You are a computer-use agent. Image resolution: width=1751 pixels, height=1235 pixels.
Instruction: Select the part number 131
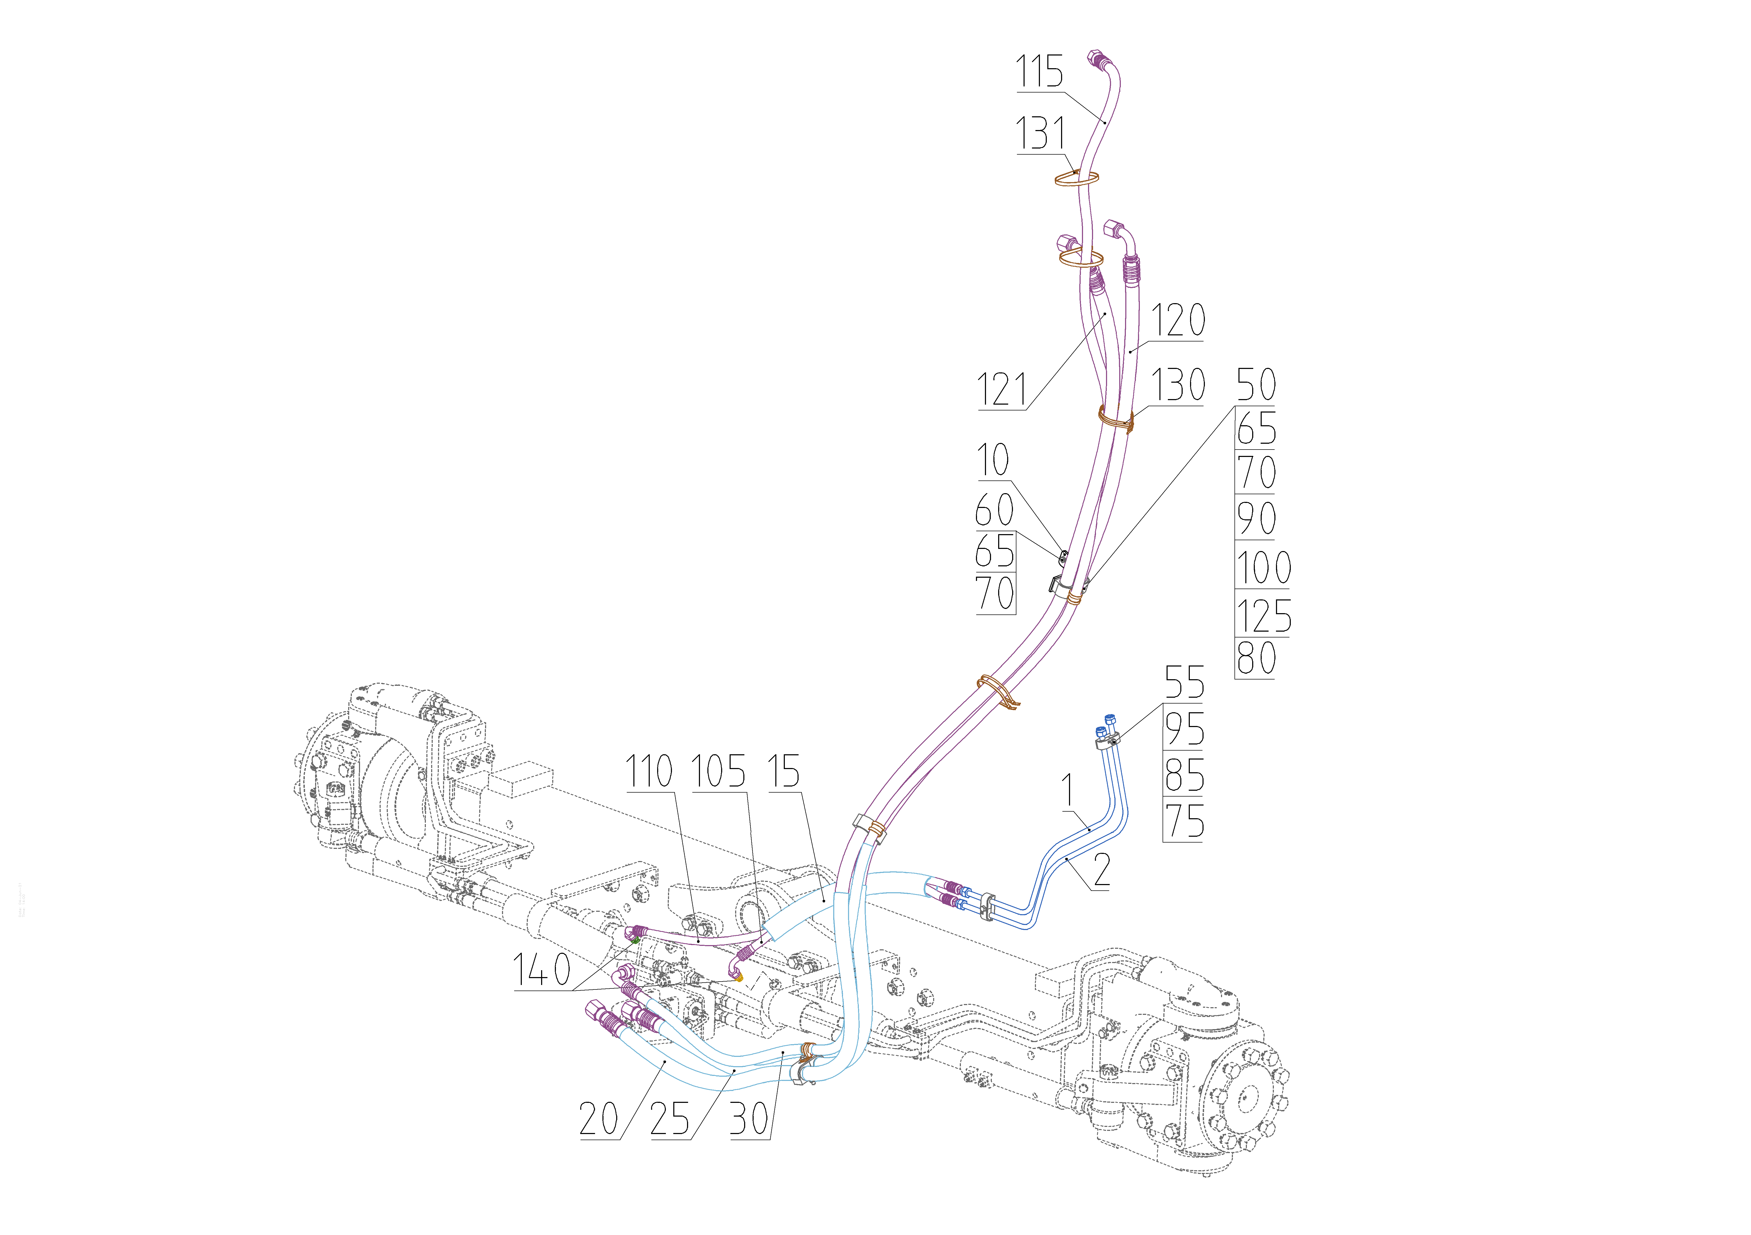pos(1040,134)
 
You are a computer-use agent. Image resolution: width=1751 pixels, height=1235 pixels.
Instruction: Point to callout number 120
pos(1177,320)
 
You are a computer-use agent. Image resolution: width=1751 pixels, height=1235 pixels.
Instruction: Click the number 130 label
pos(1177,385)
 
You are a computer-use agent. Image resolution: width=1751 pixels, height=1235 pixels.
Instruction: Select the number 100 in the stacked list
pos(1263,568)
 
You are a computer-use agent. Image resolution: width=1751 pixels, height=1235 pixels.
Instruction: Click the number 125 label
pos(1263,616)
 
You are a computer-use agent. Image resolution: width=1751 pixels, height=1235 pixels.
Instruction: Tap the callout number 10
pos(993,460)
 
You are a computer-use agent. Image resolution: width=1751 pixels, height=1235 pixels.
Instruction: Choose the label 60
pos(994,510)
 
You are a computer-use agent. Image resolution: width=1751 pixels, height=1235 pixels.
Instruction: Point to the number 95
pos(1184,730)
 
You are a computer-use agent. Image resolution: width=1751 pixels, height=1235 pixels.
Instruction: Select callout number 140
pos(541,970)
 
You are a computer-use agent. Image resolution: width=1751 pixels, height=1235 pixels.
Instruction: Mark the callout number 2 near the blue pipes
pos(1101,871)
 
